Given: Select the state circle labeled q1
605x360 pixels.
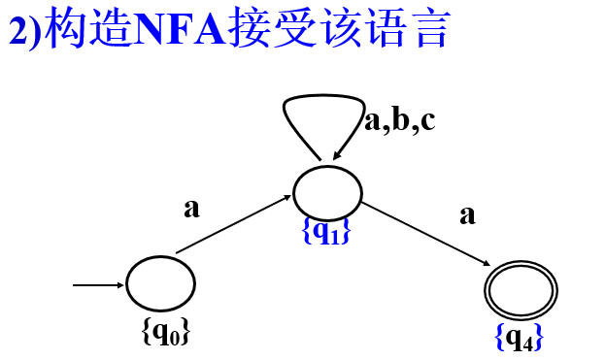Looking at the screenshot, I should pos(327,192).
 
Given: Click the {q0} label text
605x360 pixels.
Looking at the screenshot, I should pos(165,332).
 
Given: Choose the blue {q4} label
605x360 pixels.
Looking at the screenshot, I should pos(518,337).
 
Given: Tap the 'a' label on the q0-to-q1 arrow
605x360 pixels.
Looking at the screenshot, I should pos(192,208).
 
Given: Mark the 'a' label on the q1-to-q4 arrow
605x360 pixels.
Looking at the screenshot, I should pos(467,214).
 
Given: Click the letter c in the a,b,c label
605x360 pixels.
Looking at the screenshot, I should pos(425,121).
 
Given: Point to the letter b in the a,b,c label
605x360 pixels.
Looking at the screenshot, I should pos(399,119).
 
